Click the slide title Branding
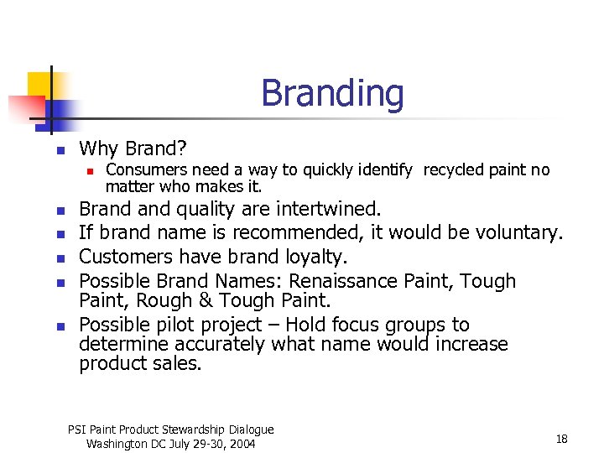332,93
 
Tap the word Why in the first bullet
97,149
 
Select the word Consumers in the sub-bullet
142,170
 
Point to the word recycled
453,170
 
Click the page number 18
561,439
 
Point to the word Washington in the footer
117,444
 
